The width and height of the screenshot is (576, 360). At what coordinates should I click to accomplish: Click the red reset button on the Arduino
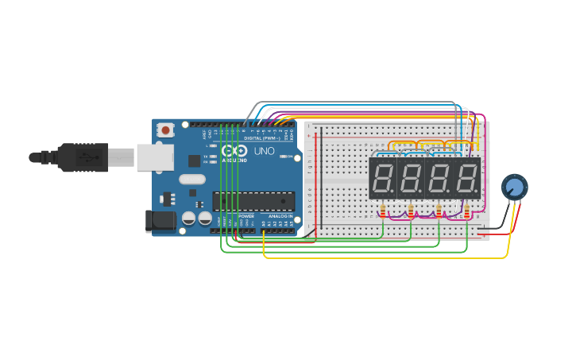coord(165,130)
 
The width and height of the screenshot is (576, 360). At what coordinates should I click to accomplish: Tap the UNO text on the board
coord(264,151)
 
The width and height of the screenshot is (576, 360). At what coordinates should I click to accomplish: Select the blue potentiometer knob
coord(514,187)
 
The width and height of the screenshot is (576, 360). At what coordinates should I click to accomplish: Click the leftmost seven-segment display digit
coord(383,177)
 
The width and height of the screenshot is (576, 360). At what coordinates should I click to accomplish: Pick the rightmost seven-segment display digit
coord(466,177)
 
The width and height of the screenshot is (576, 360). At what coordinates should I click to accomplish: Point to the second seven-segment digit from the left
coord(411,177)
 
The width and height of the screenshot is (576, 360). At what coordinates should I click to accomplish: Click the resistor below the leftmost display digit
coord(383,211)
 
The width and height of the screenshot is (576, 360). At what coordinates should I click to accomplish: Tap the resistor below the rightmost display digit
coord(466,211)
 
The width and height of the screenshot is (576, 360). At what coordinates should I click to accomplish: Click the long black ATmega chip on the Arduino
coord(253,201)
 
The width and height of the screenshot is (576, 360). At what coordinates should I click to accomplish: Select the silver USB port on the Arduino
coord(154,157)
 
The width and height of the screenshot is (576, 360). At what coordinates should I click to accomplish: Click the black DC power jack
coord(160,221)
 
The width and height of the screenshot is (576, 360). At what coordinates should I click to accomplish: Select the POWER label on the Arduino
coord(246,216)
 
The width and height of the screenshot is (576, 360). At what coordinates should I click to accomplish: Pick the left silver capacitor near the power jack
coord(189,218)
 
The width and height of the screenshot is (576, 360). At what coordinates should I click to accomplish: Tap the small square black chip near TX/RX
coord(194,161)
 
